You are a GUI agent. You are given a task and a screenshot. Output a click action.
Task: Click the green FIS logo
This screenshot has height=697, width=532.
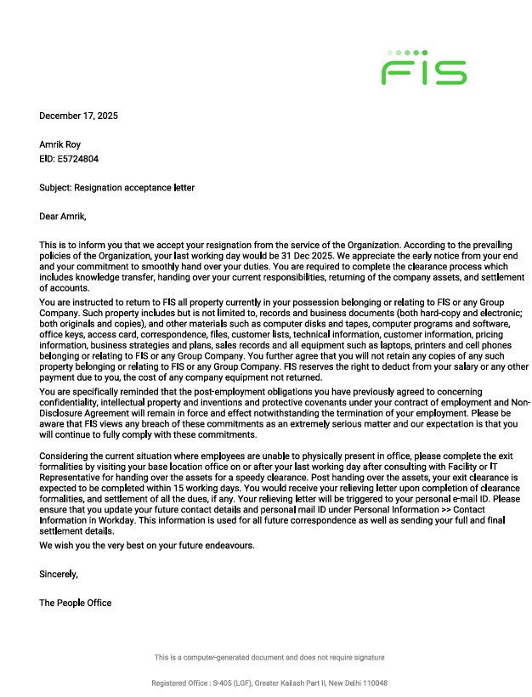(x=424, y=68)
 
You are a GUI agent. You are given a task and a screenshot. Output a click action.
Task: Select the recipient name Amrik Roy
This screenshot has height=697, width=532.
(x=62, y=144)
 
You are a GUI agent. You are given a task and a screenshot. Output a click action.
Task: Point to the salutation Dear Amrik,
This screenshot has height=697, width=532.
(x=63, y=216)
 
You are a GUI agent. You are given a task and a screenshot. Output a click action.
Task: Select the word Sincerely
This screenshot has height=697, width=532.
(x=58, y=574)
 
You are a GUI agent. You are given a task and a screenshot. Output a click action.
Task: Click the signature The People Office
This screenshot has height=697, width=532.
(x=75, y=603)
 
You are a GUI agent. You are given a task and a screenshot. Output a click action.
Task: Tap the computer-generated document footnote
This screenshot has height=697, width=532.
(x=269, y=657)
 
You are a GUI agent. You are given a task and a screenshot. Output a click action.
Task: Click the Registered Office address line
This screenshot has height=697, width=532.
(x=269, y=683)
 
